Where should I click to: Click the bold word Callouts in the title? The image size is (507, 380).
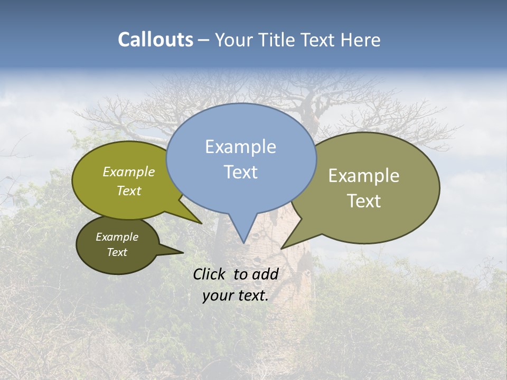(155, 40)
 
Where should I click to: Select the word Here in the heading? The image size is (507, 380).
(361, 40)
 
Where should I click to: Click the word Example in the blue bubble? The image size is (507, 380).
(240, 147)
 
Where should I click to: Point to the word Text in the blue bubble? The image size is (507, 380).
(240, 172)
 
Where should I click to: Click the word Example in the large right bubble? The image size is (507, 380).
(364, 176)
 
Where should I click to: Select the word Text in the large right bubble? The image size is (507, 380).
(364, 201)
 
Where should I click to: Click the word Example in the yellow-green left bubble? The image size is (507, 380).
(129, 172)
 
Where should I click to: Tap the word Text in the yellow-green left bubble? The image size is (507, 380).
(129, 191)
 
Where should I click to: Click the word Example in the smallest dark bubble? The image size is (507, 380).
(117, 237)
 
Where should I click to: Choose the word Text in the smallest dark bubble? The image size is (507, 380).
(117, 252)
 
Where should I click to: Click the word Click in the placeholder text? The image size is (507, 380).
(209, 274)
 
